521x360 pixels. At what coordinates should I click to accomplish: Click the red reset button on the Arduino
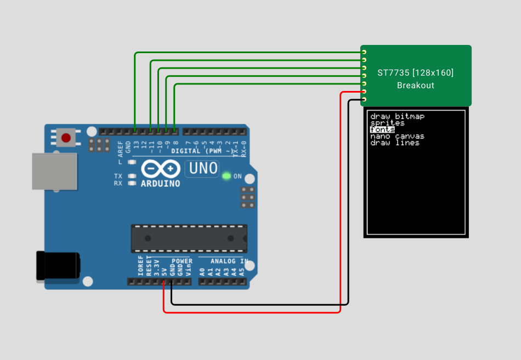click(x=66, y=137)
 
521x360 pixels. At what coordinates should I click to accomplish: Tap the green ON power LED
click(x=226, y=176)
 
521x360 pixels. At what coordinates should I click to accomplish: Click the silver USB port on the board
click(x=54, y=171)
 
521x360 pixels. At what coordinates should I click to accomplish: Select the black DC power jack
click(x=57, y=266)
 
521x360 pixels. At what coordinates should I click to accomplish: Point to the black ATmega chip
click(x=189, y=238)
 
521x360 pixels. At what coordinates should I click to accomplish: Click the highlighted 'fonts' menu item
click(x=382, y=130)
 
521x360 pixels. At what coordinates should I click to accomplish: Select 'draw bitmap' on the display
click(x=398, y=116)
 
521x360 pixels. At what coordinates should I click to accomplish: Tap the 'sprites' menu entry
click(x=387, y=123)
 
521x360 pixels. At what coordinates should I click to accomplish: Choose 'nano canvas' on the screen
click(x=397, y=136)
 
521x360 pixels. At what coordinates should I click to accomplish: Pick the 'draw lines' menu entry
click(x=395, y=143)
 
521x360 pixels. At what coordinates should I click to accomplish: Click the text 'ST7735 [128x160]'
click(x=416, y=72)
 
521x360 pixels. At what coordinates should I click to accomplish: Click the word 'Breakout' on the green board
click(x=416, y=85)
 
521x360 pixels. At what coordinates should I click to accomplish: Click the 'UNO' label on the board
click(x=204, y=168)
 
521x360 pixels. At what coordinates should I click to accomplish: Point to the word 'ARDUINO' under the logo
click(x=160, y=184)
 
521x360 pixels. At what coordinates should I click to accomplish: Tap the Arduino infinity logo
click(x=160, y=168)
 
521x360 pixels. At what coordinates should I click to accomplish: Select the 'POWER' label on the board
click(x=182, y=261)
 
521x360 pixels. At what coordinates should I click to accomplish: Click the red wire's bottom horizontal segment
click(x=252, y=312)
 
